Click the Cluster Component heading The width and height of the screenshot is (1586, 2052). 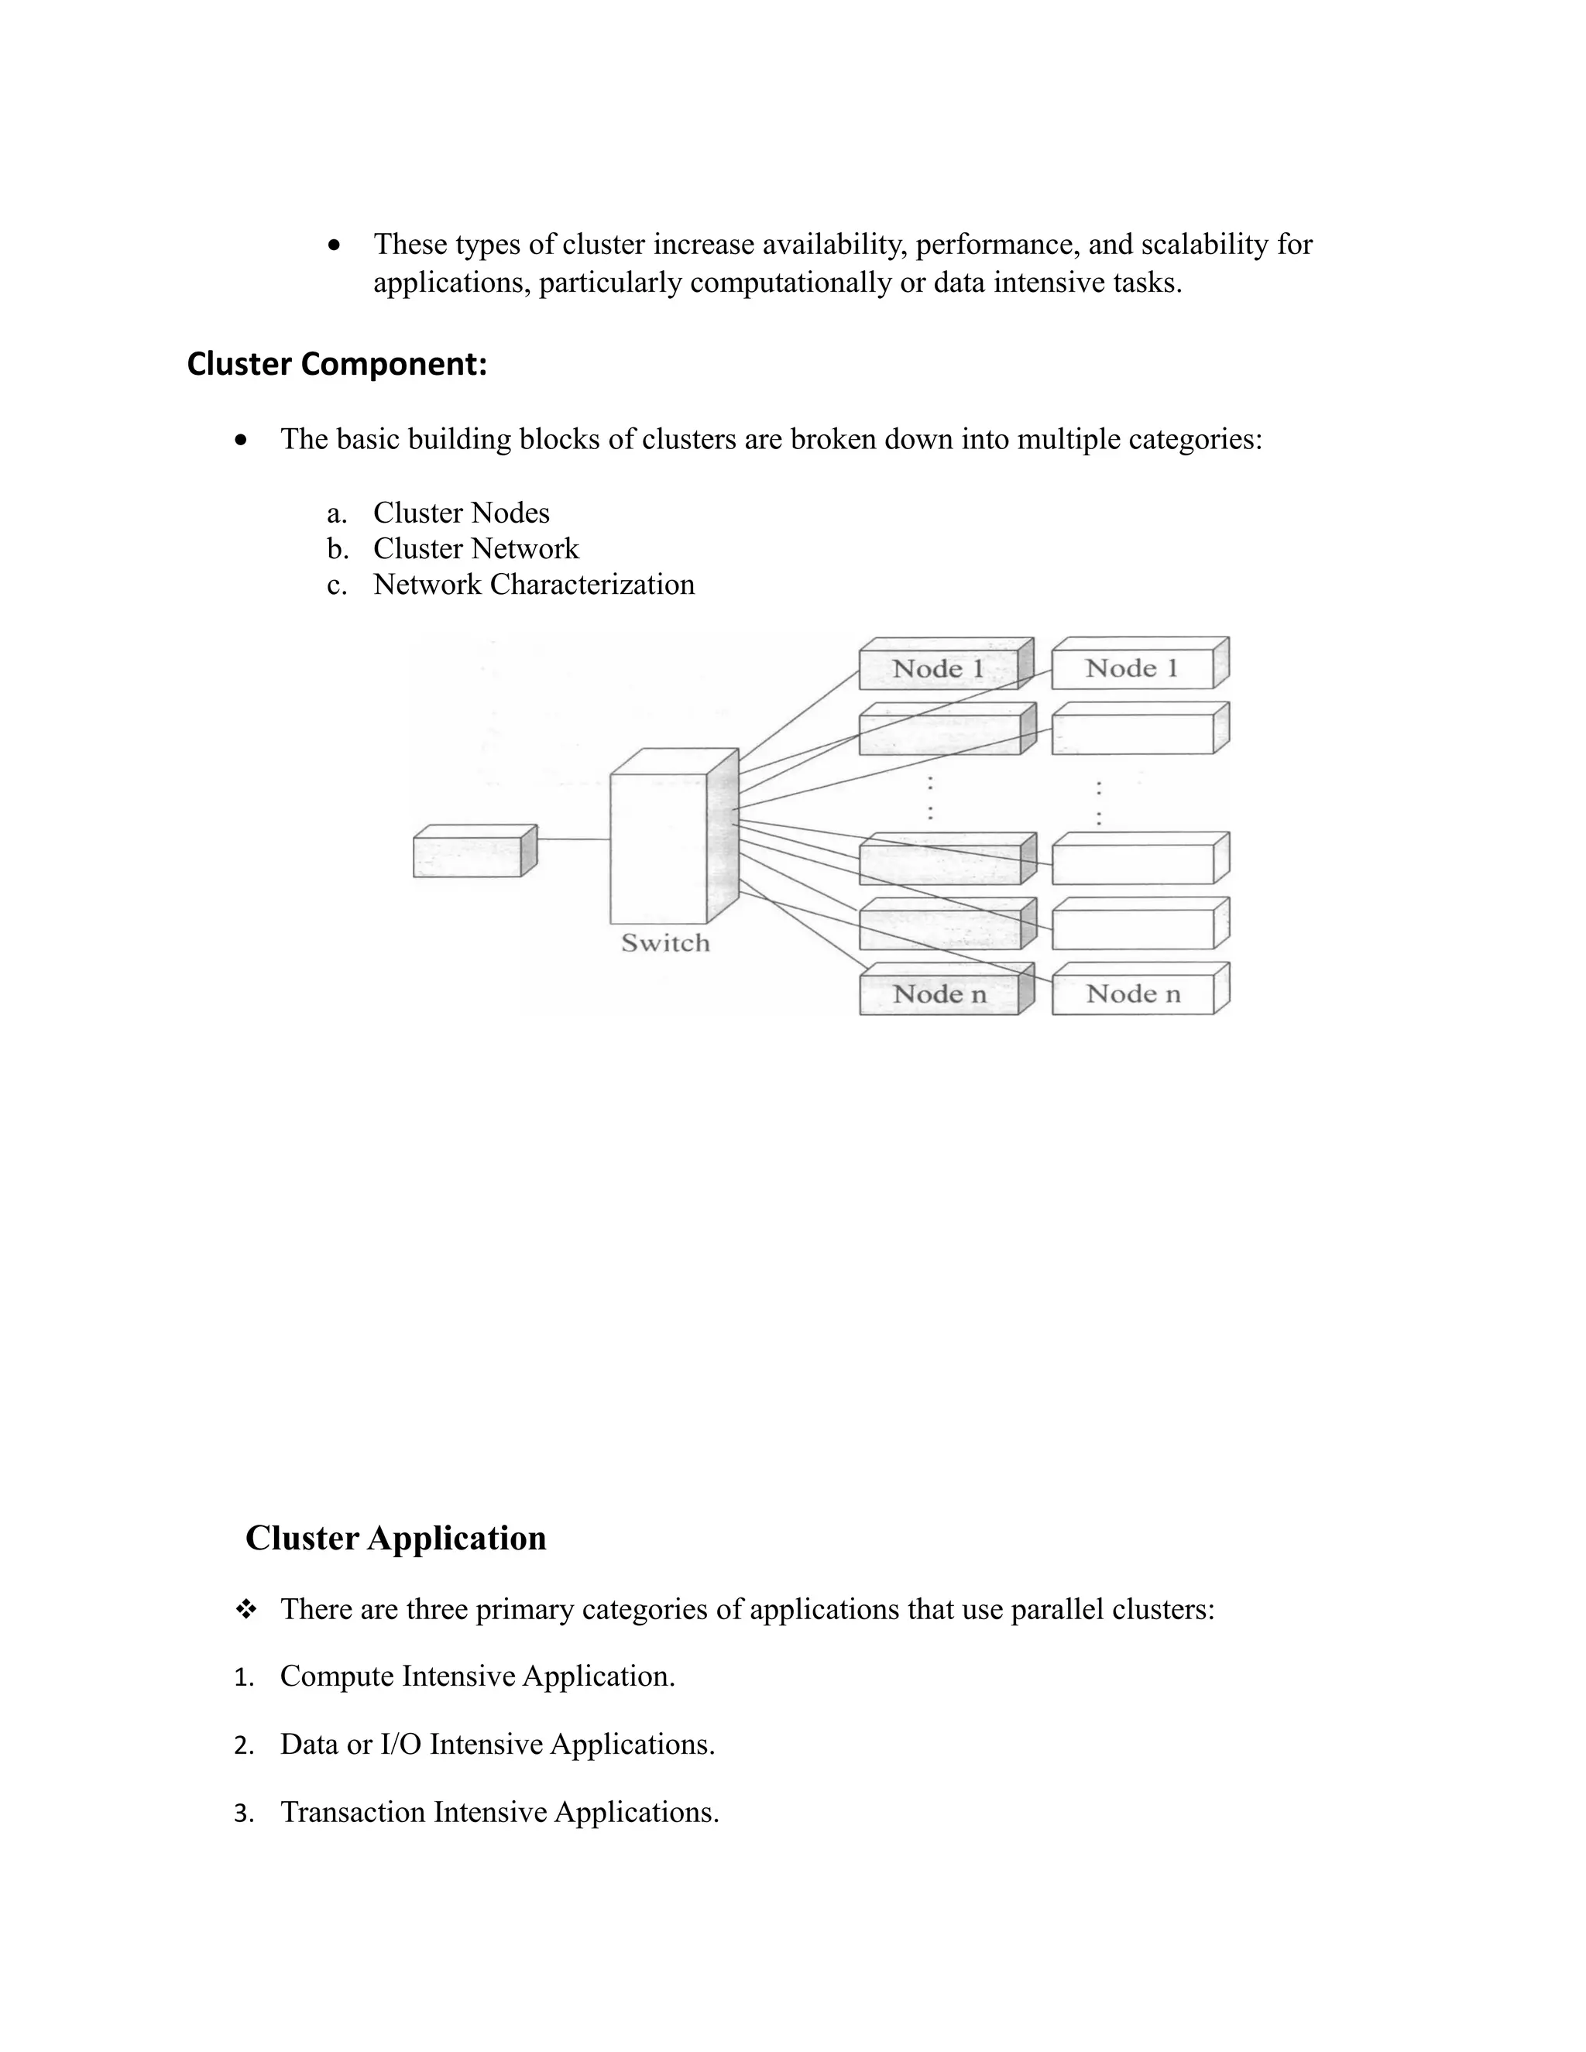[x=336, y=364]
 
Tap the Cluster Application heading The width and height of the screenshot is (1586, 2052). [x=396, y=1538]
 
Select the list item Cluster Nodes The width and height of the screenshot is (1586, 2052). [x=461, y=513]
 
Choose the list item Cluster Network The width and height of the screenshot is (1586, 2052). [x=475, y=549]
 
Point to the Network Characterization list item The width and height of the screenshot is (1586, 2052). [x=533, y=585]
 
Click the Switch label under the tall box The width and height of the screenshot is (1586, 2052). [x=665, y=943]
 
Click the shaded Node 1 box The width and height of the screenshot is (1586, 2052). [x=939, y=669]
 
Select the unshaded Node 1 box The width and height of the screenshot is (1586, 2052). [x=1131, y=669]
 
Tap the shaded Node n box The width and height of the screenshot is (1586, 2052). [x=939, y=994]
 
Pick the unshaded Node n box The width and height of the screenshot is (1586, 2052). [x=1132, y=994]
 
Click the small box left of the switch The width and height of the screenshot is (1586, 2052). [x=468, y=856]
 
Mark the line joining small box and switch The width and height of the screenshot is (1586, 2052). [x=573, y=839]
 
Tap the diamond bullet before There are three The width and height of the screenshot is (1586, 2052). [x=246, y=1611]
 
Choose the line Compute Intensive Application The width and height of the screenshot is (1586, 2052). [x=477, y=1676]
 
